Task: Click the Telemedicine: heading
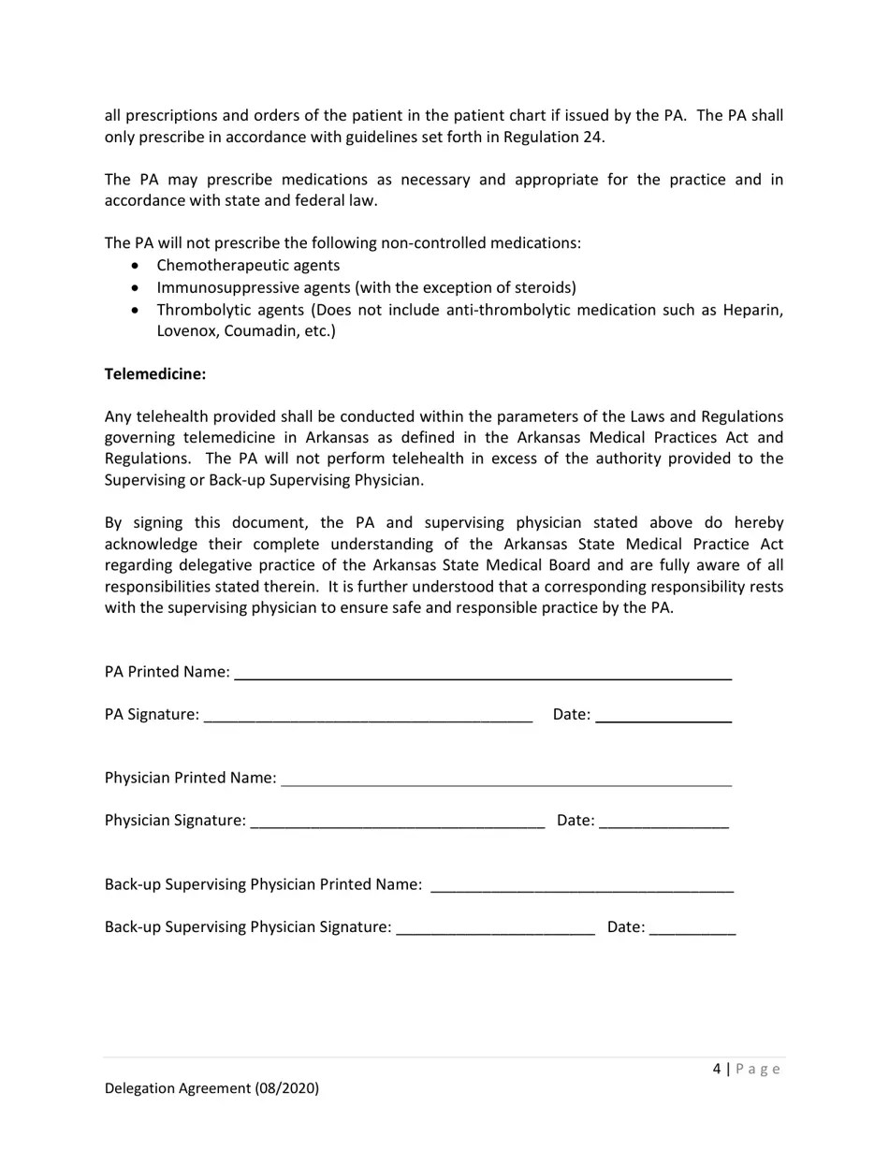(x=155, y=374)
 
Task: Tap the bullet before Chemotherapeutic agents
(x=138, y=266)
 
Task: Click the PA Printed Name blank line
(x=482, y=673)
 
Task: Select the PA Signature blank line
(x=368, y=716)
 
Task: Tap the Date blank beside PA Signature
(x=663, y=716)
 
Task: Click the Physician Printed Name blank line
(x=505, y=779)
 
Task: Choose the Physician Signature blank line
(x=398, y=822)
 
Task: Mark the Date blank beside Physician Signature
(x=663, y=822)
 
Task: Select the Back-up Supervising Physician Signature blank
(x=495, y=928)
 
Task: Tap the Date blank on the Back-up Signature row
(x=692, y=928)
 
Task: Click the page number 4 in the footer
(x=717, y=1069)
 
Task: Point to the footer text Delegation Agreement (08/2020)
(x=211, y=1088)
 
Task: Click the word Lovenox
(x=187, y=331)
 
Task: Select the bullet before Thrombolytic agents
(x=138, y=310)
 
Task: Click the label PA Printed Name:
(x=167, y=672)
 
